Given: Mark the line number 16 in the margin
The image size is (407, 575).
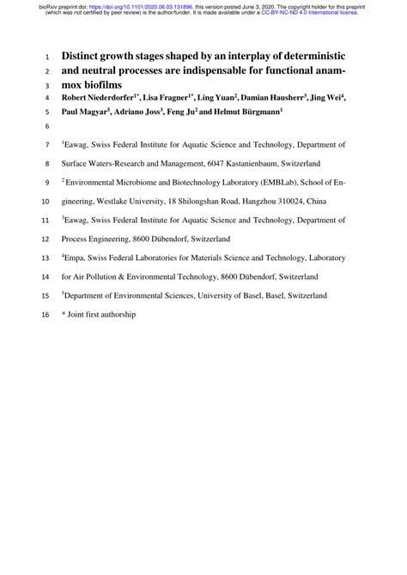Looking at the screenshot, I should tap(46, 316).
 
